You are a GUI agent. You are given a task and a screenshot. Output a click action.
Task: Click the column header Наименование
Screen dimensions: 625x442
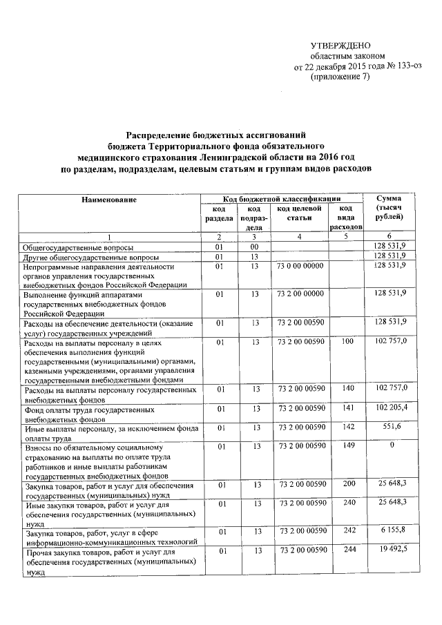[109, 200]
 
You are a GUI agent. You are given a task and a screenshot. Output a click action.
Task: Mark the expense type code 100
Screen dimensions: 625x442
[347, 341]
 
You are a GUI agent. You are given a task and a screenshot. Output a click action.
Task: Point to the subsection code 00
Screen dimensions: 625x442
[254, 247]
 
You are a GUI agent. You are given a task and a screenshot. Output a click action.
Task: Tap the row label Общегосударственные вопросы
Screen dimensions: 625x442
[79, 247]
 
